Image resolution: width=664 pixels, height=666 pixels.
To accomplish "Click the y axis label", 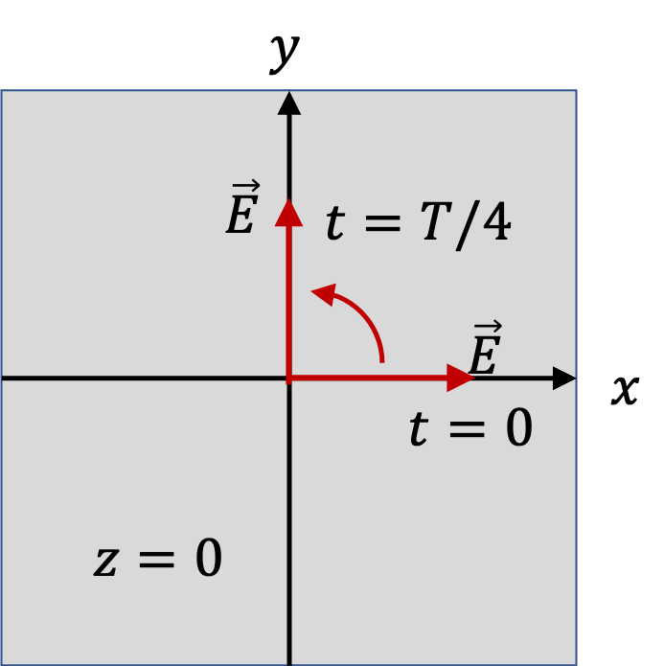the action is coord(285,54).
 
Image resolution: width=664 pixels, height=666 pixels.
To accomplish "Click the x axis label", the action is coord(626,390).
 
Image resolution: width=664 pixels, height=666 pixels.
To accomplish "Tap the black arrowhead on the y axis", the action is coord(289,103).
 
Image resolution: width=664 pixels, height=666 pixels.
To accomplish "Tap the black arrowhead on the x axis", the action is coord(564,378).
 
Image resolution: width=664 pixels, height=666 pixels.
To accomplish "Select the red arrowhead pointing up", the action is coord(288,213).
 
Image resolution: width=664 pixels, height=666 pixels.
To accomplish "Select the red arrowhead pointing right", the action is coord(461,378).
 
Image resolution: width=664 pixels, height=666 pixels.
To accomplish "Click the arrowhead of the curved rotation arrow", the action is coord(325,294).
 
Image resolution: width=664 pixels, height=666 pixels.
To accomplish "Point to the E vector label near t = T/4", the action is coord(242,207).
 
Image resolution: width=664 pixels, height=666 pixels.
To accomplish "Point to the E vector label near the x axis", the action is coord(485,348).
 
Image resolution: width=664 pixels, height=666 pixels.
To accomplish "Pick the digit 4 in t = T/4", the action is coord(496,220).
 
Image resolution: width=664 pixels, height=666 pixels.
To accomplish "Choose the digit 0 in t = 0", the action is coord(518,426).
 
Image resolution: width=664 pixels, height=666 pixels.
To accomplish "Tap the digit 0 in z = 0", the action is coord(209,557).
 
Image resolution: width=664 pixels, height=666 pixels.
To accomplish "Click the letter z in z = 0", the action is coord(105,563).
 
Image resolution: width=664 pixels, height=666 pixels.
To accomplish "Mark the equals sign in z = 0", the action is coord(157,560).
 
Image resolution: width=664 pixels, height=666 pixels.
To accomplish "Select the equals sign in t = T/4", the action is coord(382,223).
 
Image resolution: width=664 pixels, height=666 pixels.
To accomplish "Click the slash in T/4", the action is coord(468,225).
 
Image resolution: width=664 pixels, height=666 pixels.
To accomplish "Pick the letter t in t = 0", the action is coord(419,428).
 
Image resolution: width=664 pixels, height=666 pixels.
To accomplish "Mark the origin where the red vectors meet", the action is coord(288,378).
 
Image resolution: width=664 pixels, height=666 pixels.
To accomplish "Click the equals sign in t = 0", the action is coord(467,429).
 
